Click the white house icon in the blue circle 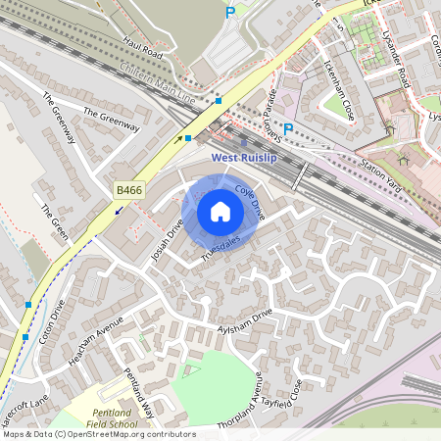point(220,212)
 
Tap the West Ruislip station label point(248,157)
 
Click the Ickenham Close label point(339,89)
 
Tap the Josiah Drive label point(170,241)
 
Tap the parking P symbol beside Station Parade point(288,128)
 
